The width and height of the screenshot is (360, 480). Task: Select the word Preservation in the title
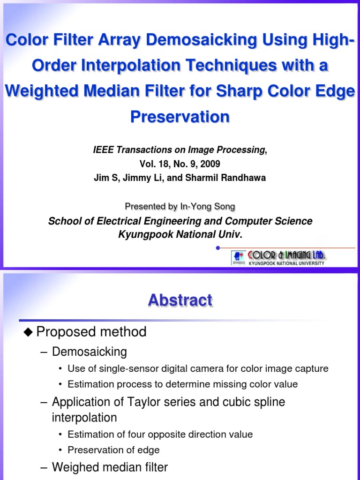pyautogui.click(x=180, y=116)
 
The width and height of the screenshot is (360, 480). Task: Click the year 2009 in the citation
pyautogui.click(x=210, y=164)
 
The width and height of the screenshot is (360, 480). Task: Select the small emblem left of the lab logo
pyautogui.click(x=239, y=258)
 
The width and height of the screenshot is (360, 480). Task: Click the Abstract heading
pyautogui.click(x=180, y=300)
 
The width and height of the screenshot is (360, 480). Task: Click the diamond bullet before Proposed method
pyautogui.click(x=29, y=332)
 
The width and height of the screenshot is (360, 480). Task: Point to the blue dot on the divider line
pyautogui.click(x=218, y=247)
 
